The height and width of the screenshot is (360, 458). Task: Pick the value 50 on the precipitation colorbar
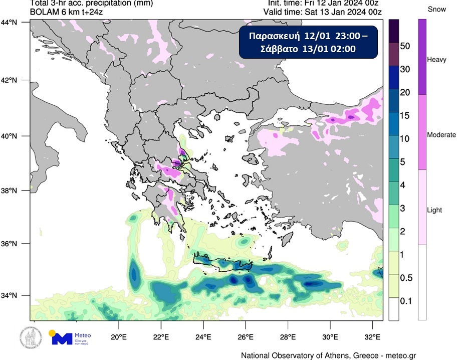tap(405, 46)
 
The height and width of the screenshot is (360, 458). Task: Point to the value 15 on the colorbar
tap(405, 116)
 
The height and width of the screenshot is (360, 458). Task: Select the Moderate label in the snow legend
tap(441, 135)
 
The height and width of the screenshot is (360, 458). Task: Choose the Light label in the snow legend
tap(434, 210)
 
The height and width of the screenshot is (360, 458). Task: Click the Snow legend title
tap(437, 10)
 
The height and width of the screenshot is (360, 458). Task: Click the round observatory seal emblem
tap(30, 337)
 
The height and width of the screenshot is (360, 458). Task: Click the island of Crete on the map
tap(220, 264)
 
